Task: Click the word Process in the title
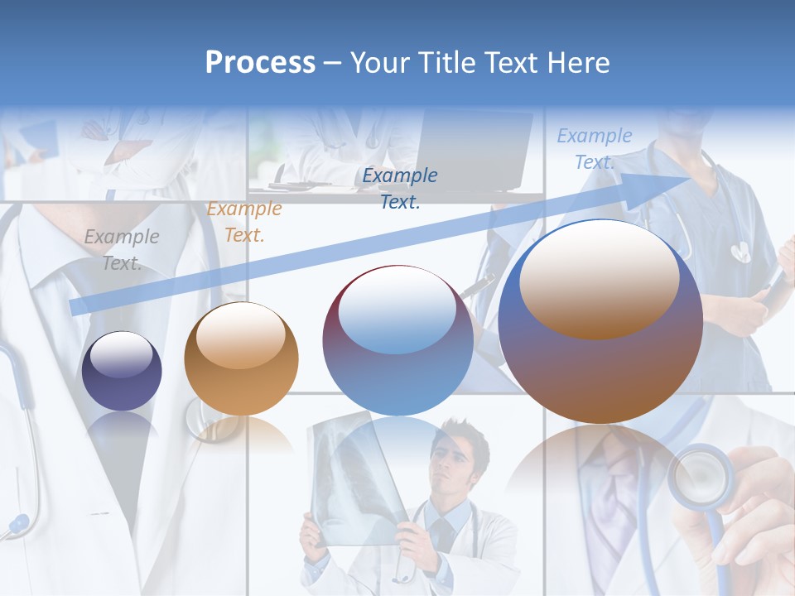(x=260, y=63)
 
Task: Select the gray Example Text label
(x=122, y=250)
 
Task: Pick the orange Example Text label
(x=244, y=222)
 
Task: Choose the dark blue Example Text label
(x=400, y=188)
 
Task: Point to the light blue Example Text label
(x=594, y=149)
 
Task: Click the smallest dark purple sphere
(x=122, y=371)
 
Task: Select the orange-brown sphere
(x=241, y=358)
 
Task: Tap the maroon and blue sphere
(x=397, y=340)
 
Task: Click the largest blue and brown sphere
(x=600, y=321)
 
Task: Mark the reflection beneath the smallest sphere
(x=122, y=430)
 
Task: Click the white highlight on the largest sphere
(x=599, y=277)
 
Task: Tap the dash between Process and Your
(x=332, y=63)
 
